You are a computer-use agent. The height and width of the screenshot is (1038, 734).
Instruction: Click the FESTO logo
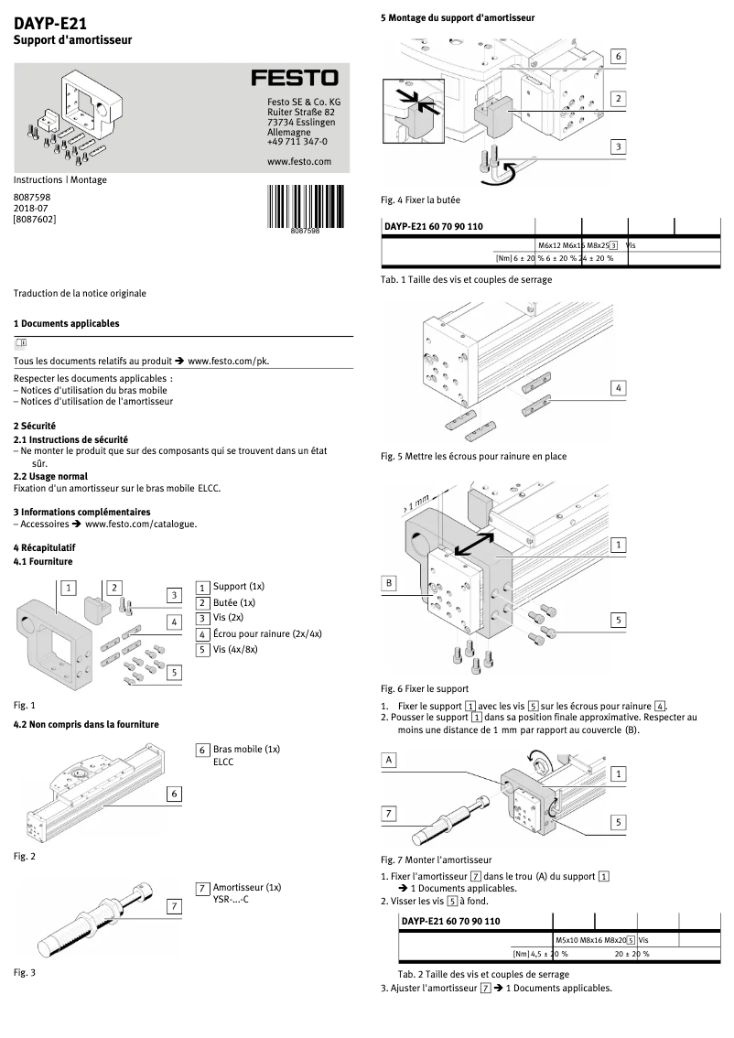(x=295, y=79)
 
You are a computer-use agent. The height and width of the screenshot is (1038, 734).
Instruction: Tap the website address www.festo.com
(x=298, y=161)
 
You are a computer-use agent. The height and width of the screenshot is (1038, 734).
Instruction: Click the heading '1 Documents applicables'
(x=66, y=324)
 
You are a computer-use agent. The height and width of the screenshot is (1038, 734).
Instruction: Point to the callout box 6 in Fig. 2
(x=173, y=794)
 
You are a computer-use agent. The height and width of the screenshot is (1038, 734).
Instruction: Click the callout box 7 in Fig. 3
(x=173, y=905)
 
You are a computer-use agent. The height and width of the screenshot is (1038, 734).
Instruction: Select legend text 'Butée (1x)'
(x=233, y=602)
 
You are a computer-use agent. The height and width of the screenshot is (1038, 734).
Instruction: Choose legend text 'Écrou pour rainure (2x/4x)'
(x=267, y=633)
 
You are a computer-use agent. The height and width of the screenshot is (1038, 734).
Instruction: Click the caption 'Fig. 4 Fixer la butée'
(x=420, y=199)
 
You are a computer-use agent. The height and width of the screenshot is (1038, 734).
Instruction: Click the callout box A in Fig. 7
(x=389, y=760)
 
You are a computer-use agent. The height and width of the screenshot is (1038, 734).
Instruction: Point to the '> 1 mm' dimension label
(x=415, y=503)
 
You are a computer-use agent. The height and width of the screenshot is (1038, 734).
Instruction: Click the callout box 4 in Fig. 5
(x=619, y=388)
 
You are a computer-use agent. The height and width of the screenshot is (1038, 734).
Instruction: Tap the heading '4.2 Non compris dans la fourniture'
(x=86, y=724)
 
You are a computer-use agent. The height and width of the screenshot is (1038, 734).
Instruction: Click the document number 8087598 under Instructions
(x=32, y=197)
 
